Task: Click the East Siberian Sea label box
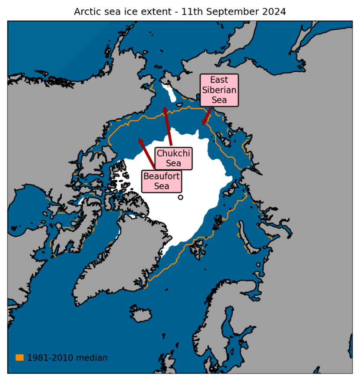tap(219, 90)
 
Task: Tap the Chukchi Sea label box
tap(173, 159)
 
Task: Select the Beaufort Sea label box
tap(162, 181)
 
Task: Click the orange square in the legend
tap(19, 358)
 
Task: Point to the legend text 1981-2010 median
tap(67, 358)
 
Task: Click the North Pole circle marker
tap(180, 197)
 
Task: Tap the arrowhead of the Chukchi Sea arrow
tap(165, 109)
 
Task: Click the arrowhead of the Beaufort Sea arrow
tap(140, 140)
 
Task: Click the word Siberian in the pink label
tap(219, 90)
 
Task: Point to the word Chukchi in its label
tap(173, 153)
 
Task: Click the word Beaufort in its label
tap(162, 176)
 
